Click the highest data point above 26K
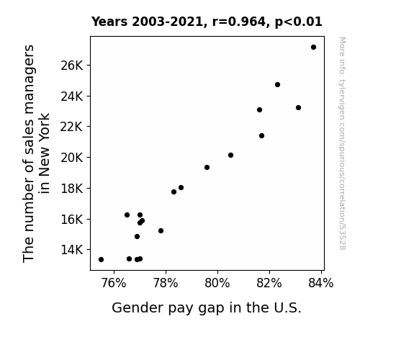pyautogui.click(x=313, y=48)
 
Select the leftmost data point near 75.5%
pyautogui.click(x=101, y=260)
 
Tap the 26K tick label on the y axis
pyautogui.click(x=72, y=66)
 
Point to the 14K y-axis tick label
pyautogui.click(x=72, y=250)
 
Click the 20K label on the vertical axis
pyautogui.click(x=72, y=158)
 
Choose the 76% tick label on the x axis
pyautogui.click(x=114, y=283)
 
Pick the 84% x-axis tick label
pyautogui.click(x=321, y=283)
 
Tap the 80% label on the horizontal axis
pyautogui.click(x=217, y=283)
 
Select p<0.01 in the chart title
pyautogui.click(x=299, y=22)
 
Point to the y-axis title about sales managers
pyautogui.click(x=36, y=153)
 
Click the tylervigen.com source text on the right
pyautogui.click(x=342, y=143)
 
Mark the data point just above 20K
pyautogui.click(x=231, y=155)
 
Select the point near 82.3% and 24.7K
pyautogui.click(x=277, y=84)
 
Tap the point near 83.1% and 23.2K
pyautogui.click(x=298, y=107)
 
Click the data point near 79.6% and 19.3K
pyautogui.click(x=207, y=168)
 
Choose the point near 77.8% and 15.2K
pyautogui.click(x=161, y=230)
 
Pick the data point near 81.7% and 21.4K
pyautogui.click(x=261, y=136)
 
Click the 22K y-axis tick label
pyautogui.click(x=72, y=127)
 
